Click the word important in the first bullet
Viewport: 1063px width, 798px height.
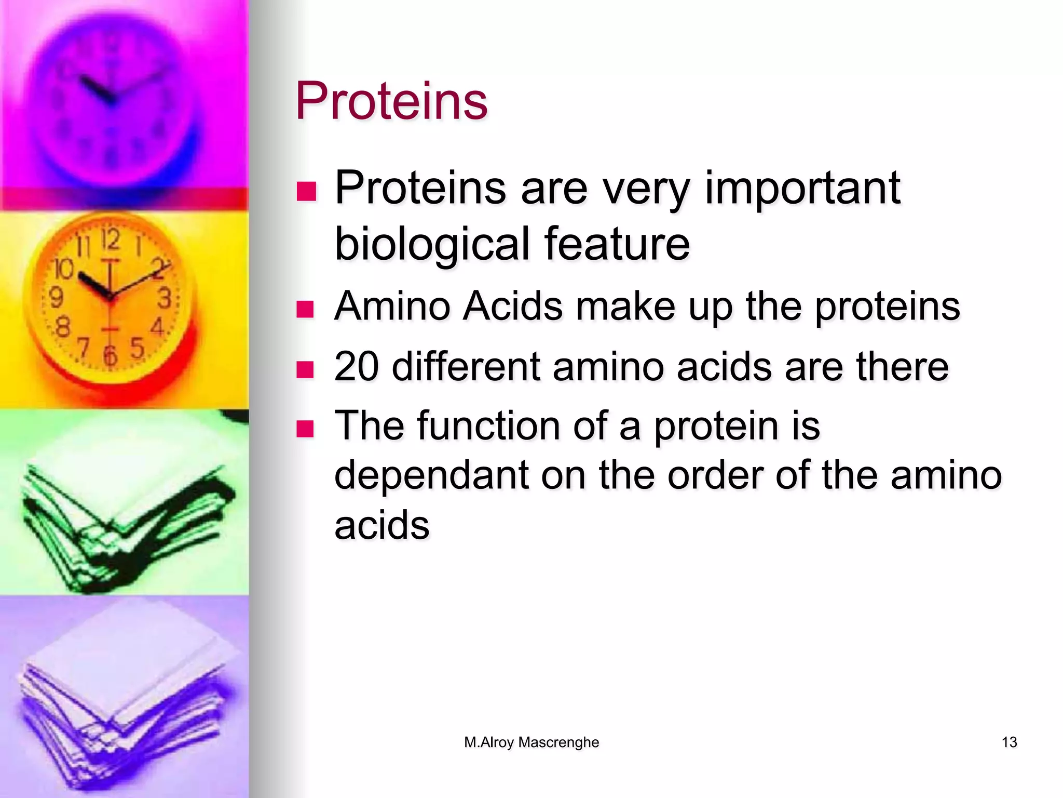coord(802,188)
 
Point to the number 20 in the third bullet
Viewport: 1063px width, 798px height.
coord(356,367)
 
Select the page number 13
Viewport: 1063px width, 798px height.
coord(1009,742)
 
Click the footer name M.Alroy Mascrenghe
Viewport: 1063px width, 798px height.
coord(531,742)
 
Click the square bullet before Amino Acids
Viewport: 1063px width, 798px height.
coord(305,309)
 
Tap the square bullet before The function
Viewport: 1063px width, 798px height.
coord(305,429)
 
